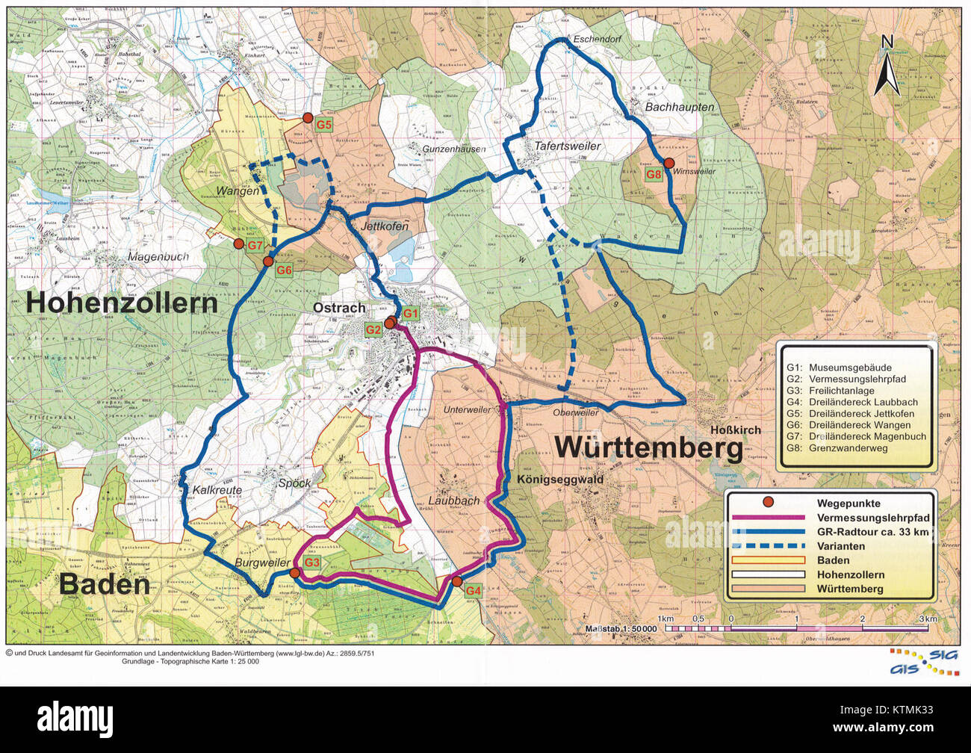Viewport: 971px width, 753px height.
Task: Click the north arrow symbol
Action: pos(887,69)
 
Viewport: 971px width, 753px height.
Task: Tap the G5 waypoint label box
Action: pos(323,125)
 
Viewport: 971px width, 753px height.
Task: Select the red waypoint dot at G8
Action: pos(669,163)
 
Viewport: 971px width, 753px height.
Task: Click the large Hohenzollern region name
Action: pos(122,303)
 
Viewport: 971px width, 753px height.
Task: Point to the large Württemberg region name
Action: pos(648,448)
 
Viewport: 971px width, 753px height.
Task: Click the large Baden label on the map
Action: pos(105,584)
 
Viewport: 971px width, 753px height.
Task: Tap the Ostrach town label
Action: pos(339,308)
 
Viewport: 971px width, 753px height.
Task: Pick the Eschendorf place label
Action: pos(597,38)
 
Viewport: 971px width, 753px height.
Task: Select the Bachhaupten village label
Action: pos(679,107)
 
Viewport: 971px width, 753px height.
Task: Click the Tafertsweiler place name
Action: pos(567,146)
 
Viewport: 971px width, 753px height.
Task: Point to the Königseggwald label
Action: pos(559,480)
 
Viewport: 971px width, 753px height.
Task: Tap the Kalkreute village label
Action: pos(217,490)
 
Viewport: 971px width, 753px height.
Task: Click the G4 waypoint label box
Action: pos(473,591)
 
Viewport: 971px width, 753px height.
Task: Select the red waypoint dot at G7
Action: pos(238,244)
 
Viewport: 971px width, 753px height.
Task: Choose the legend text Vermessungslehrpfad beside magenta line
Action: pos(872,518)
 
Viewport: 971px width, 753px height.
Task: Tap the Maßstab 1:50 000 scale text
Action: pos(621,628)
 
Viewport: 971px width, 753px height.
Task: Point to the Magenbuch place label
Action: pos(158,257)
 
